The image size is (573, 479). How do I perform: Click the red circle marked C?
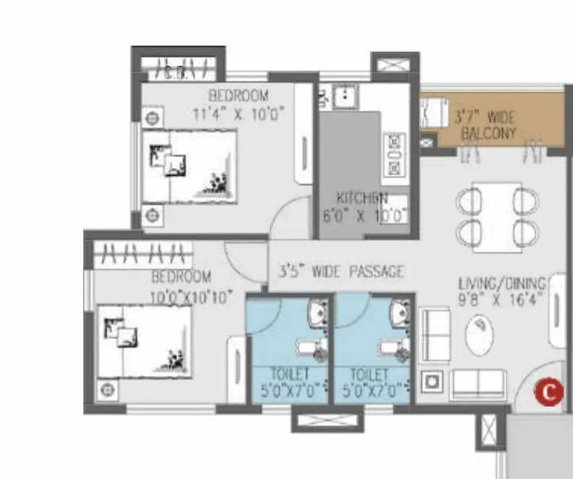pyautogui.click(x=548, y=391)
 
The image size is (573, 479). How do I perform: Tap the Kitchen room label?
pyautogui.click(x=362, y=198)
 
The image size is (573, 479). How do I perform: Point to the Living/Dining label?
pyautogui.click(x=498, y=283)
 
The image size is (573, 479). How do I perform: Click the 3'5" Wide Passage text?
pyautogui.click(x=341, y=271)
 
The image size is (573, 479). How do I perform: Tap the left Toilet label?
pyautogui.click(x=289, y=374)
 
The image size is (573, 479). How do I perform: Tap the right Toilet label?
pyautogui.click(x=369, y=374)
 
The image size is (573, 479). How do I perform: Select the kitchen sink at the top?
pyautogui.click(x=346, y=94)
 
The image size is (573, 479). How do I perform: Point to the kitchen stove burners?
pyautogui.click(x=395, y=153)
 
